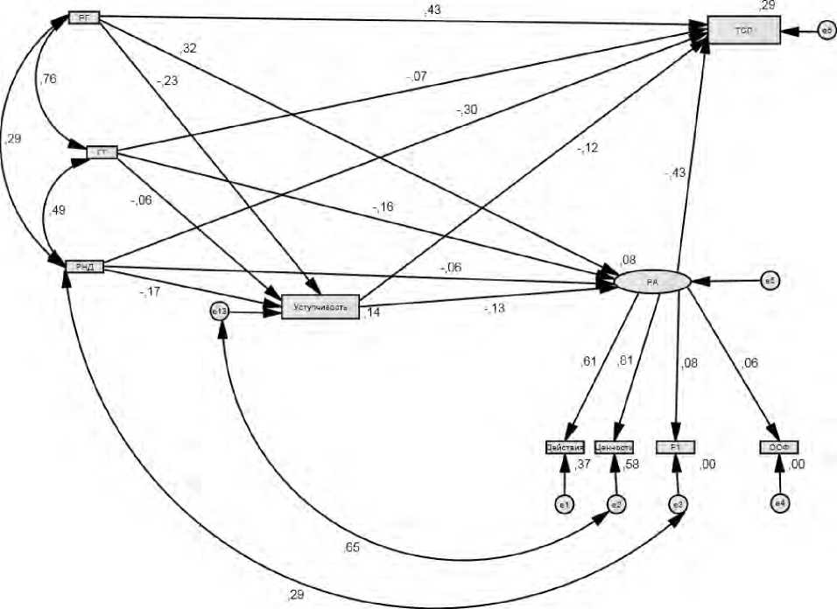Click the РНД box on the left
[x=85, y=265]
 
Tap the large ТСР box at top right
[x=742, y=31]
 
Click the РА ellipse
[x=653, y=282]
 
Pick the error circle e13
[x=220, y=309]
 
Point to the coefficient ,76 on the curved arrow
[x=49, y=80]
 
